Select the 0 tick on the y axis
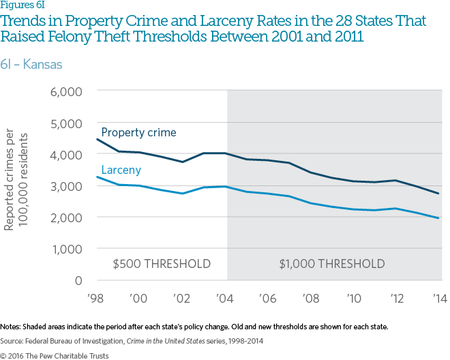click(78, 280)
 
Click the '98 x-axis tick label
click(97, 298)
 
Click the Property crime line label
click(138, 132)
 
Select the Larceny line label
click(121, 170)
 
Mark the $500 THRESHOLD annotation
click(161, 264)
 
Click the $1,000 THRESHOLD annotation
click(332, 264)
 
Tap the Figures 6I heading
click(20, 6)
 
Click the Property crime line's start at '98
click(97, 139)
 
